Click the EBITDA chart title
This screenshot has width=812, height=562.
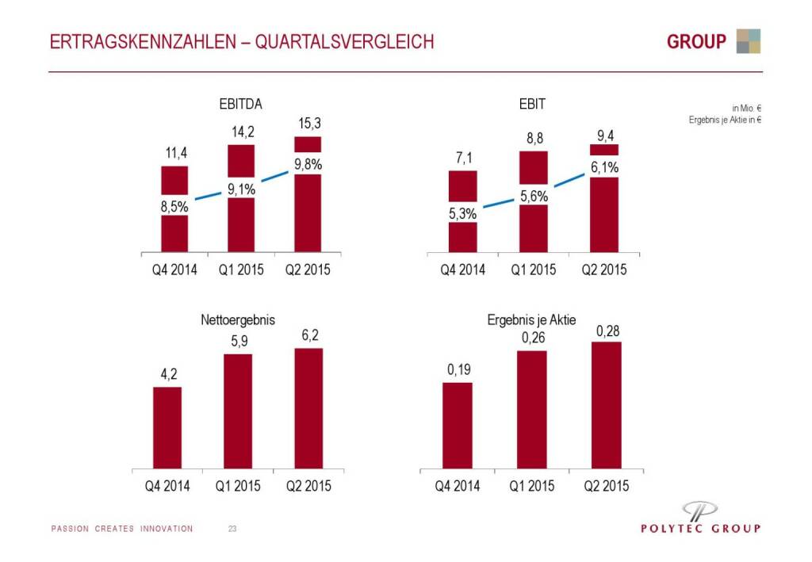pos(241,104)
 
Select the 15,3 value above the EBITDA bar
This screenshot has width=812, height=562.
pos(308,124)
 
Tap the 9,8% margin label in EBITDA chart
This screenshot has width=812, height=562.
pos(308,164)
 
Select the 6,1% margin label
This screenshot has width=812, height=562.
pos(604,167)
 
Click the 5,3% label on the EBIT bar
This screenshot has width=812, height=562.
pos(464,213)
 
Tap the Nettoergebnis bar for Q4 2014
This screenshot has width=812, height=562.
pos(167,427)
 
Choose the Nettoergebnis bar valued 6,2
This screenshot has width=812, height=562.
pos(308,407)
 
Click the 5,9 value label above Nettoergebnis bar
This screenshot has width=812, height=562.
pos(238,342)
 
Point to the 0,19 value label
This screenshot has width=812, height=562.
pos(458,370)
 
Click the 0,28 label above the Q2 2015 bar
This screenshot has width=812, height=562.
pos(607,329)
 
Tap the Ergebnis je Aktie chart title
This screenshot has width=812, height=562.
pos(531,319)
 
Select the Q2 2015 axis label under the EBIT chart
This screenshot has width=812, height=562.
pos(604,270)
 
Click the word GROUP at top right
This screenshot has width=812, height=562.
pos(697,41)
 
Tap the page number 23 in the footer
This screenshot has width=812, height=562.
pos(232,529)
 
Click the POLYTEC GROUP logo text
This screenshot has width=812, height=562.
pos(700,529)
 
